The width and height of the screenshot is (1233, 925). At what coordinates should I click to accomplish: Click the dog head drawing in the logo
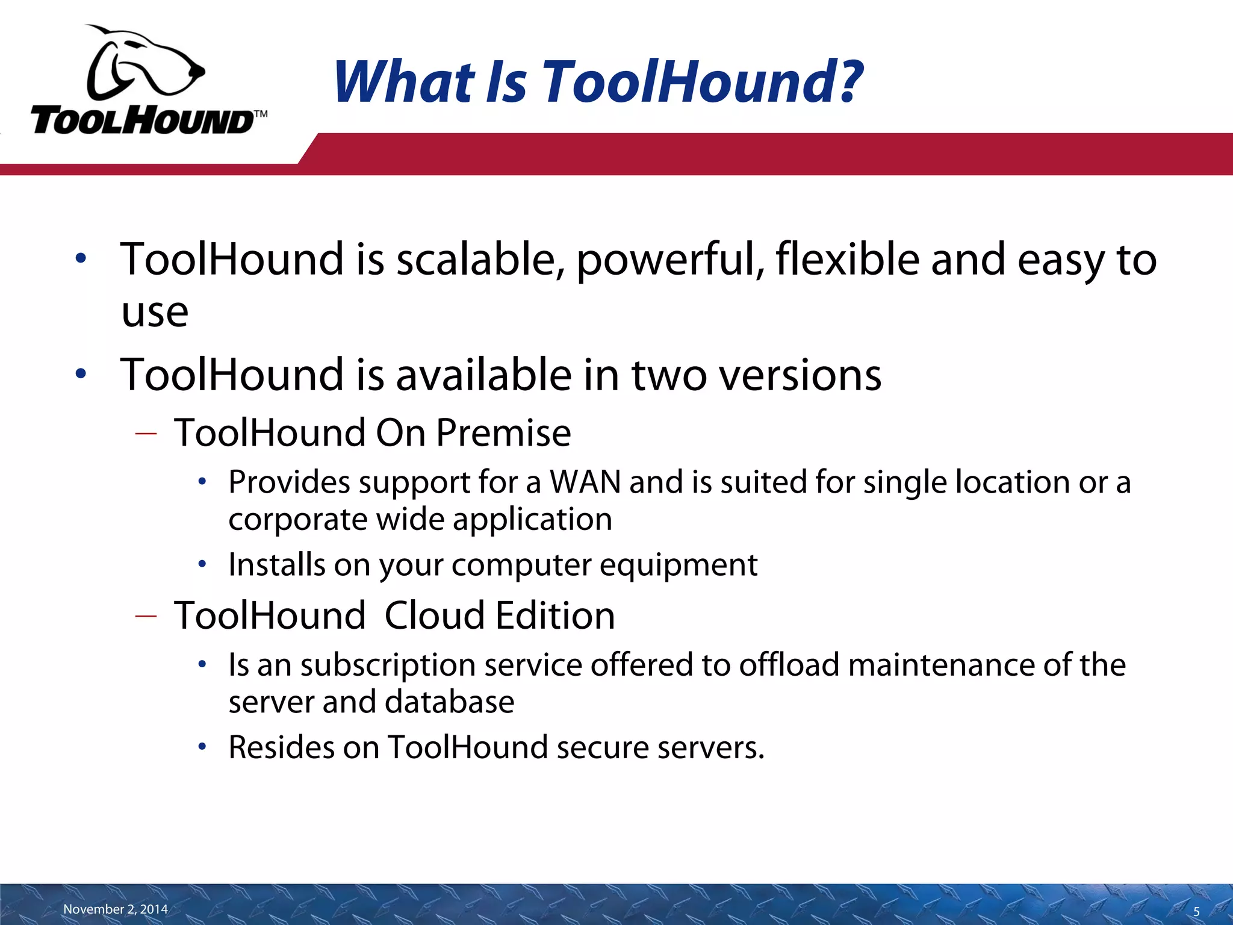point(144,63)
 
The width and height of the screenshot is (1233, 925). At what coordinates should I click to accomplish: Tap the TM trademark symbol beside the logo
point(260,114)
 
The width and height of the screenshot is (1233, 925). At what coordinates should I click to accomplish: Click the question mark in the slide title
point(846,81)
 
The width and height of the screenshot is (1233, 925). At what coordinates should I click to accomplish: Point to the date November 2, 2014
point(116,909)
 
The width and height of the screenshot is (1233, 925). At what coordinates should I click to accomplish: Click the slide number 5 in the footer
point(1196,911)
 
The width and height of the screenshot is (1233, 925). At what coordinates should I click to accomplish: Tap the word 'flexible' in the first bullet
point(847,259)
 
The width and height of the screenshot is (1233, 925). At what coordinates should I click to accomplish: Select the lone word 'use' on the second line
point(155,313)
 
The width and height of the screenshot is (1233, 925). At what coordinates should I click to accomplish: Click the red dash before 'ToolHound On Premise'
point(146,434)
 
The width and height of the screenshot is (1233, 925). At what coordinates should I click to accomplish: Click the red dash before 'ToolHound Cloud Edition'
point(146,616)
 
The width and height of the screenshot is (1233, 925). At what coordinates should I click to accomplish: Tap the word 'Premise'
point(503,433)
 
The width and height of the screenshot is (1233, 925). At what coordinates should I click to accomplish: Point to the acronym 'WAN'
point(585,482)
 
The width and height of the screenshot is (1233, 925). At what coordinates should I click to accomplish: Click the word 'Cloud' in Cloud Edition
point(435,616)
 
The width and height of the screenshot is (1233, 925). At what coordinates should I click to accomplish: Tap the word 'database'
point(449,702)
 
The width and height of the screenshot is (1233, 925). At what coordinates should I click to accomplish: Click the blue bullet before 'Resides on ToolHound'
point(203,747)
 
